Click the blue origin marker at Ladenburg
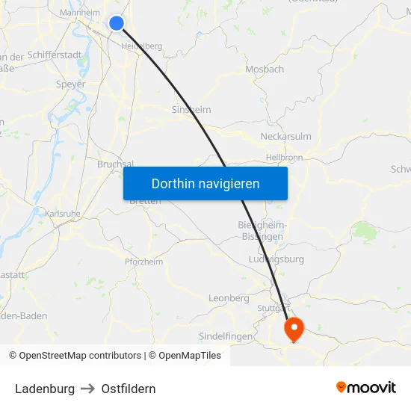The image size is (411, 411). pyautogui.click(x=116, y=23)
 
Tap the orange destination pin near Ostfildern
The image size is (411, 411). pyautogui.click(x=294, y=327)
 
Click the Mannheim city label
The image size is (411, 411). pyautogui.click(x=80, y=13)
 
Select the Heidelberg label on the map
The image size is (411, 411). pyautogui.click(x=142, y=46)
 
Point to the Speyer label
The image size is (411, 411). pyautogui.click(x=71, y=84)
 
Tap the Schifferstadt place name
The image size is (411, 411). pyautogui.click(x=55, y=55)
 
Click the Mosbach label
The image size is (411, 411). pyautogui.click(x=265, y=69)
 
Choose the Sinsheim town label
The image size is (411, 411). pyautogui.click(x=191, y=110)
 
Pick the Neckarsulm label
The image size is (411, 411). pyautogui.click(x=285, y=136)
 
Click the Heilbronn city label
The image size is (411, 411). pyautogui.click(x=284, y=158)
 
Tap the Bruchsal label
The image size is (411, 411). pyautogui.click(x=115, y=164)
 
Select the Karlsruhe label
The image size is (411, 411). pyautogui.click(x=63, y=214)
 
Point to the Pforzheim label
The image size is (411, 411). pyautogui.click(x=143, y=262)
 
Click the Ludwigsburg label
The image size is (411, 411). pyautogui.click(x=276, y=259)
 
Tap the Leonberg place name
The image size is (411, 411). pyautogui.click(x=229, y=298)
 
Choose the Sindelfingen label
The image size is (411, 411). pyautogui.click(x=226, y=336)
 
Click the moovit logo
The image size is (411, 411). pyautogui.click(x=366, y=388)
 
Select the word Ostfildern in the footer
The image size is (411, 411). pyautogui.click(x=129, y=389)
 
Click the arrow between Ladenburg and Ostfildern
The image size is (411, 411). pyautogui.click(x=88, y=389)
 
